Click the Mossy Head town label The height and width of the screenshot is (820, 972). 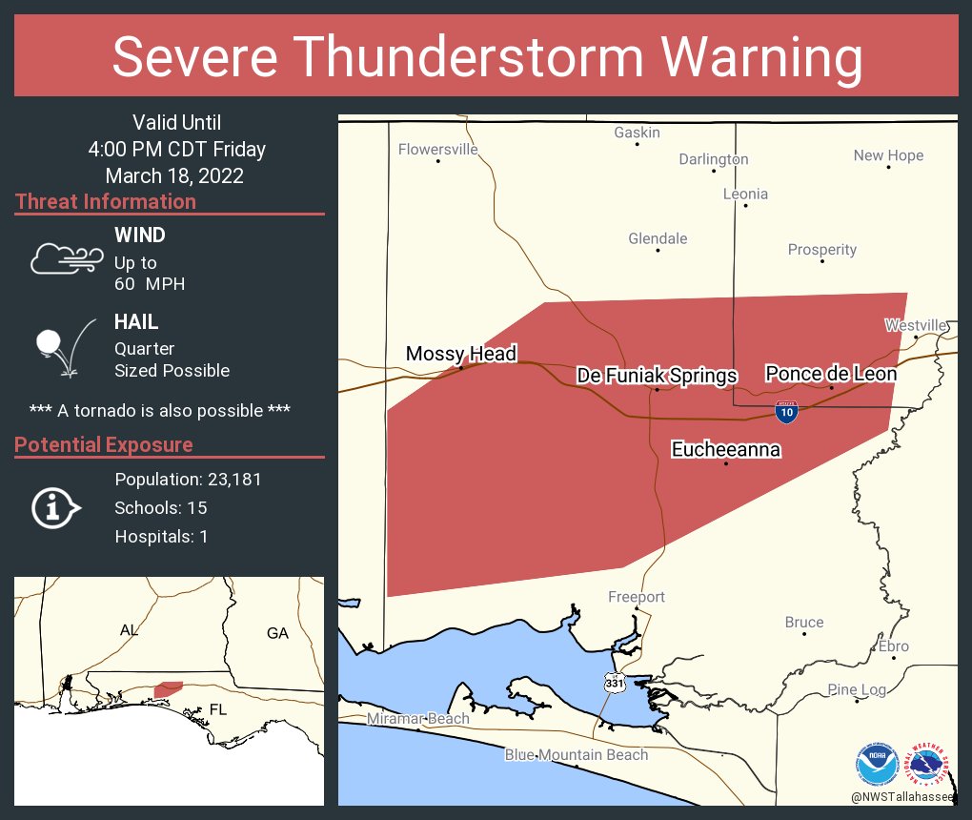[460, 354]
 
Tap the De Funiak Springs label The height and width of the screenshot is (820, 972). [657, 376]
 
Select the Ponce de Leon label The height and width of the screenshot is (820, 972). [831, 374]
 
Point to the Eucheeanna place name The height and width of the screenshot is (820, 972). [726, 449]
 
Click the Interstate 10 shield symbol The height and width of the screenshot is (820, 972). [786, 412]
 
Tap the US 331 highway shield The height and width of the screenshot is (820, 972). [614, 682]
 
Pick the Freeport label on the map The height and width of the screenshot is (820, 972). [637, 597]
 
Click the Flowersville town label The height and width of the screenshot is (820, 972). [437, 149]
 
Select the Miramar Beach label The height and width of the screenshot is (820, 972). [418, 718]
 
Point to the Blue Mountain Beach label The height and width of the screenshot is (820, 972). [577, 754]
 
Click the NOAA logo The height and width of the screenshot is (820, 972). [877, 764]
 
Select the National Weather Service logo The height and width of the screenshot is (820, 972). [928, 764]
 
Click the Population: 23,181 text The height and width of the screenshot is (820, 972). [188, 479]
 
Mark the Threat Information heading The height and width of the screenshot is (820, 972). [106, 201]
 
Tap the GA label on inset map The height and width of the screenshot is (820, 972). [277, 632]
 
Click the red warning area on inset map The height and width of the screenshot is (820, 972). [169, 687]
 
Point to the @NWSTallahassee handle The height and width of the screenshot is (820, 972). [904, 796]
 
